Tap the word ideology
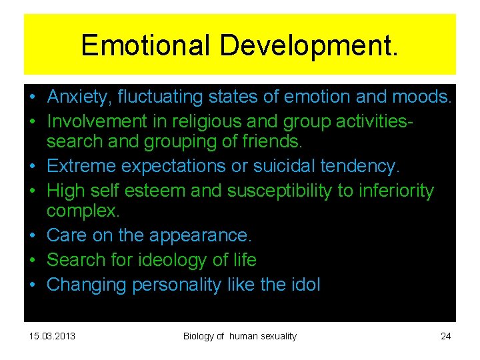point(171,260)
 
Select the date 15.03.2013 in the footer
point(53,336)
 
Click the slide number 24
point(446,336)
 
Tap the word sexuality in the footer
point(275,336)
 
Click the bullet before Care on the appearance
point(32,236)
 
